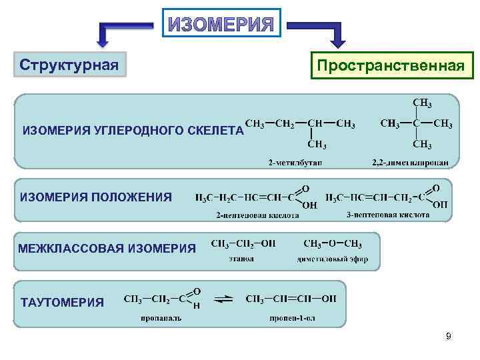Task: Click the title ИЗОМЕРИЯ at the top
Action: pyautogui.click(x=221, y=25)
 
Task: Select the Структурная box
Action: pyautogui.click(x=69, y=65)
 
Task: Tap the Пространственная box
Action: pyautogui.click(x=390, y=66)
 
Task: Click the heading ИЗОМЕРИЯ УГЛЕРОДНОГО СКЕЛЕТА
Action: pyautogui.click(x=133, y=130)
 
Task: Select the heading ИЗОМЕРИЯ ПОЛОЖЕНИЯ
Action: pyautogui.click(x=97, y=197)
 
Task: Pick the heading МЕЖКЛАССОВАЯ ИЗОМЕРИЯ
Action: pyautogui.click(x=107, y=249)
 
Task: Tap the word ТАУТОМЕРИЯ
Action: pyautogui.click(x=63, y=302)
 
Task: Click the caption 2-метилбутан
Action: pyautogui.click(x=295, y=163)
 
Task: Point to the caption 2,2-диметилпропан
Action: pyautogui.click(x=414, y=163)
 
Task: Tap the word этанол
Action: pyautogui.click(x=241, y=259)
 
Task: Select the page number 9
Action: pyautogui.click(x=449, y=337)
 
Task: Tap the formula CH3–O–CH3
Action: pyautogui.click(x=333, y=243)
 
